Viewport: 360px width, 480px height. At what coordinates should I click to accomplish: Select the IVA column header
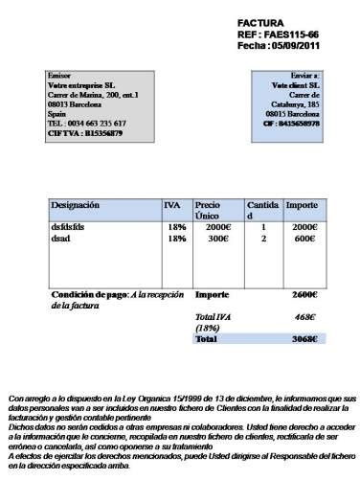coord(172,205)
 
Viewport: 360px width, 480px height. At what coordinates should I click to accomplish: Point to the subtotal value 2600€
coord(305,294)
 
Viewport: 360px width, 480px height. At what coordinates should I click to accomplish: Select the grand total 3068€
coord(305,338)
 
